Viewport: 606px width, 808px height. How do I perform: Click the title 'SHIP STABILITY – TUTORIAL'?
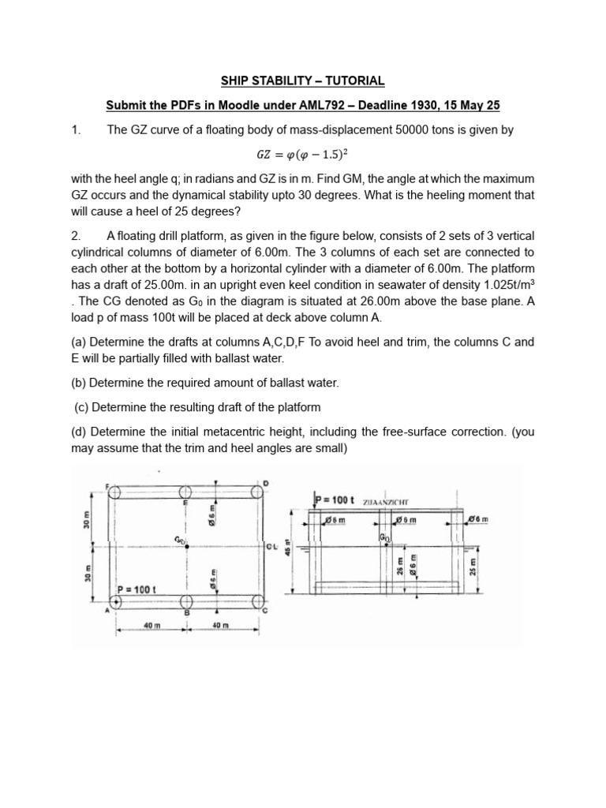click(302, 80)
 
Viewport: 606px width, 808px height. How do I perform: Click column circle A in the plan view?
click(116, 603)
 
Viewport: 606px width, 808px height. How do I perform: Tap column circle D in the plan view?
click(258, 493)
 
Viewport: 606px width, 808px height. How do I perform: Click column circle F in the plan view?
click(115, 493)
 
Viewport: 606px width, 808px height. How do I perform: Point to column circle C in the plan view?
click(258, 603)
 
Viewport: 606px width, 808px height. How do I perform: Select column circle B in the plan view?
click(186, 603)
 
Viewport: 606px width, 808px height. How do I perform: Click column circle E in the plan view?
click(186, 493)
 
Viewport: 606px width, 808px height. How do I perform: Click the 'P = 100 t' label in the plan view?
click(137, 589)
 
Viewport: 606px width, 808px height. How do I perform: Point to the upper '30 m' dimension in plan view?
click(87, 518)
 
